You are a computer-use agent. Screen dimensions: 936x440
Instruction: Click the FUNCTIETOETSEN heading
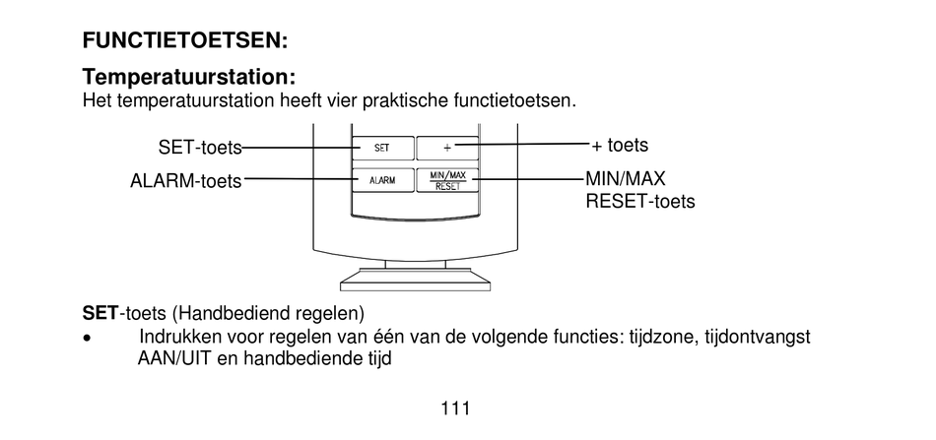click(185, 41)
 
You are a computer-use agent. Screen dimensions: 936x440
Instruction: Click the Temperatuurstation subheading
click(189, 77)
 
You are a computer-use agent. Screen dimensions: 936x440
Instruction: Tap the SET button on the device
click(381, 148)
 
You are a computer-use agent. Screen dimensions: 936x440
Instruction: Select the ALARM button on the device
click(381, 180)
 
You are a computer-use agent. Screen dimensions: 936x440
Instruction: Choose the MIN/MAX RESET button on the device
click(446, 180)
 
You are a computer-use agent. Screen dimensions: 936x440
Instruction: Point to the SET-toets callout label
click(199, 148)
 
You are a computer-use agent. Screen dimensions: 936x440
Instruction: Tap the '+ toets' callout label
click(620, 146)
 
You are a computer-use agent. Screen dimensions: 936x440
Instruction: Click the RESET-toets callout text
click(639, 202)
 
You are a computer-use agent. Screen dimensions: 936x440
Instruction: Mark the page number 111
click(454, 408)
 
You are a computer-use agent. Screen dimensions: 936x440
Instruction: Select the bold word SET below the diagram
click(100, 314)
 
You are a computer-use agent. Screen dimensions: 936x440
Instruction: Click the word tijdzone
click(662, 338)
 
